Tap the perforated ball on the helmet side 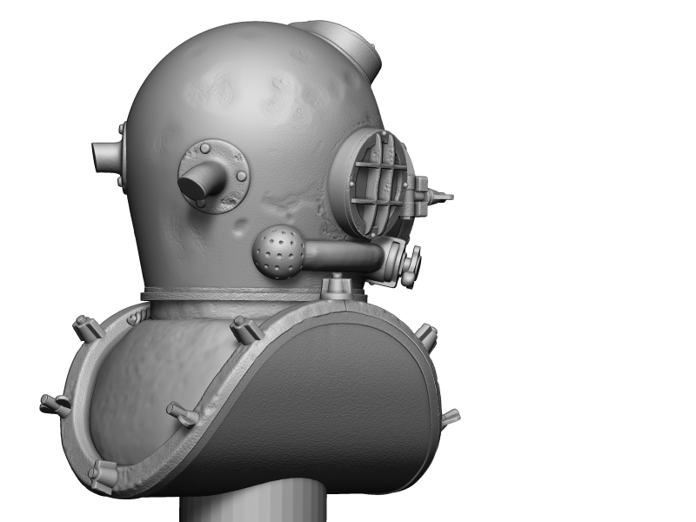(x=278, y=252)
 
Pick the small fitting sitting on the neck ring (x=336, y=286)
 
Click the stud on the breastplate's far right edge (x=451, y=418)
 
